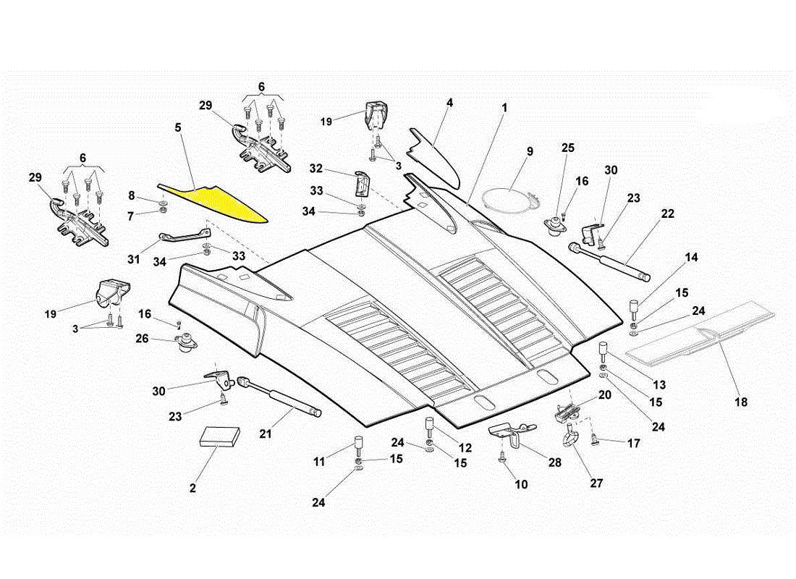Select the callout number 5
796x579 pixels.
[x=178, y=127]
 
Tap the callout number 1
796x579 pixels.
[x=504, y=107]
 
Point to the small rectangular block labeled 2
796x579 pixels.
[x=220, y=436]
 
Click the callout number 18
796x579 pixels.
[x=741, y=402]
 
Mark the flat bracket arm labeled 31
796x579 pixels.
[x=185, y=236]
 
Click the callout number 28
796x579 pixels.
[x=555, y=461]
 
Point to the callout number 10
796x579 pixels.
[x=520, y=485]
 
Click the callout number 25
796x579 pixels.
[x=568, y=148]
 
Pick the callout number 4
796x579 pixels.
[x=449, y=103]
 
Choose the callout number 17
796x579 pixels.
[x=633, y=443]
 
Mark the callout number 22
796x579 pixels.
[x=667, y=214]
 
